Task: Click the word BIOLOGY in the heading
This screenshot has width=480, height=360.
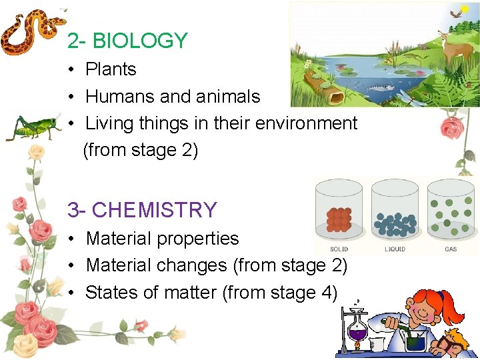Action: tap(140, 41)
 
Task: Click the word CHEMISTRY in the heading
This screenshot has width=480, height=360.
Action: tap(155, 210)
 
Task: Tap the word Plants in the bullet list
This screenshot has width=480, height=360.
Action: tap(111, 69)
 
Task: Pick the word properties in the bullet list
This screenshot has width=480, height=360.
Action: tap(201, 239)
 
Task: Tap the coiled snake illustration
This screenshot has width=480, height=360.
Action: tap(31, 33)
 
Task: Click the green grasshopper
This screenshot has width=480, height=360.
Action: tap(33, 126)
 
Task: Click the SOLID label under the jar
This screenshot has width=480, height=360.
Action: tap(339, 249)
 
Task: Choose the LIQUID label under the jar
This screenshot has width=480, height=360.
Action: tap(395, 249)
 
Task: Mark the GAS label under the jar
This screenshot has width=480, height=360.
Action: tap(451, 249)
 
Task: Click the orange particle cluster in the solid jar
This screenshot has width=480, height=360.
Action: tap(339, 219)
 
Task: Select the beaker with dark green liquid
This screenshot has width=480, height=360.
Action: tap(415, 341)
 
